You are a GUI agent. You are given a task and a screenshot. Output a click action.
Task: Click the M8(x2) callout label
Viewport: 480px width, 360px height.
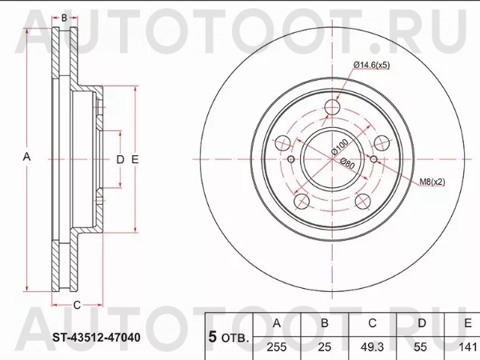point(433,182)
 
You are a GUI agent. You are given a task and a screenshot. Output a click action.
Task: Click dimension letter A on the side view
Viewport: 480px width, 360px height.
point(27,158)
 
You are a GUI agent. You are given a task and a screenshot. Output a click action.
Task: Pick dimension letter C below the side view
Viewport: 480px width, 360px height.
point(77,305)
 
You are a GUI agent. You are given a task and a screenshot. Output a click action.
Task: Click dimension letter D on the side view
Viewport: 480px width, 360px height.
point(120,159)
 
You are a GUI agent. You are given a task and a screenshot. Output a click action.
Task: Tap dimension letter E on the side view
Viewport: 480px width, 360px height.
point(135,159)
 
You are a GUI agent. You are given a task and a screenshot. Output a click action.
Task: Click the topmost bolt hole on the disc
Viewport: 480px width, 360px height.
point(334,110)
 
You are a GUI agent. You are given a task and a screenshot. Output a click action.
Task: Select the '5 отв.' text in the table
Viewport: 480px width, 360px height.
point(227,337)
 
